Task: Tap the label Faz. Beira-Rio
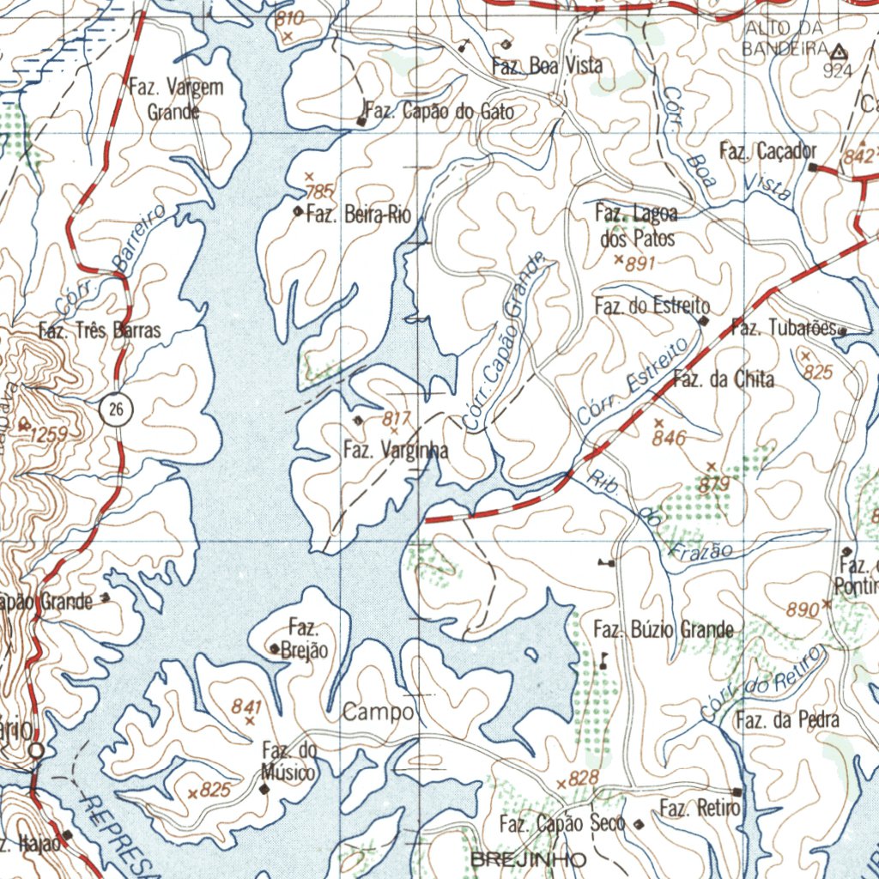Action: pos(359,215)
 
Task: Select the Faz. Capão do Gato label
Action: pos(440,112)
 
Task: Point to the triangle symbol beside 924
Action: pos(837,52)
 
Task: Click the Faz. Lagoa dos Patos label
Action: pos(636,225)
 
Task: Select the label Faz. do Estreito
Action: pos(652,306)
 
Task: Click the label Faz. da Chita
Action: pos(723,379)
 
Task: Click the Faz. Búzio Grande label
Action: pos(664,631)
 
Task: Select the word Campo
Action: pos(379,712)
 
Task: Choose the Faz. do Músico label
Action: pos(289,761)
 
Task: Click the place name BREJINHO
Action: pos(528,859)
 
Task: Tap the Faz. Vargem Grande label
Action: pos(175,99)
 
